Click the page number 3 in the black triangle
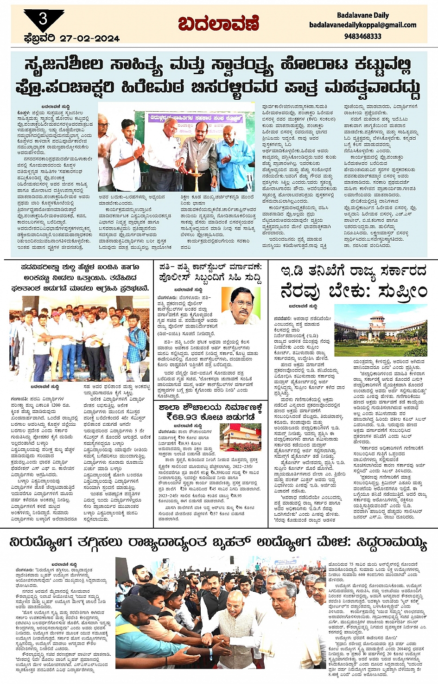point(43,19)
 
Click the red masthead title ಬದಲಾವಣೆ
point(219,23)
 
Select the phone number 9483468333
point(363,36)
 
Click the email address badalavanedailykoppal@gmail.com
point(363,25)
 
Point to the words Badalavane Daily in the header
point(363,15)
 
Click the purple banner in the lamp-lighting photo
point(195,118)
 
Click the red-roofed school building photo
point(241,437)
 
